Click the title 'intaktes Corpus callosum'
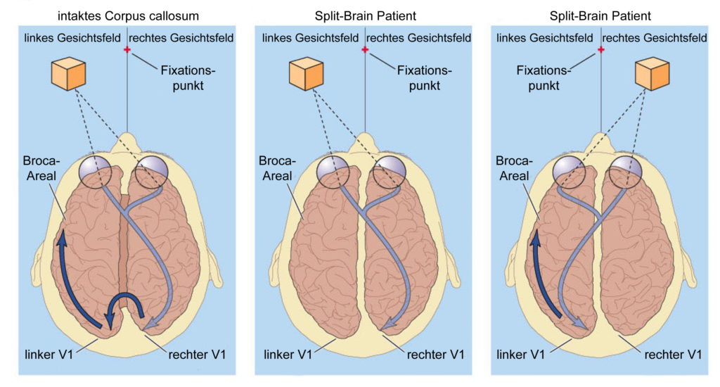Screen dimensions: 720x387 coord(128,16)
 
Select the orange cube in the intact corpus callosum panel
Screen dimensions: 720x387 coord(68,74)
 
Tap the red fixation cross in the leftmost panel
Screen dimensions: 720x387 coord(127,49)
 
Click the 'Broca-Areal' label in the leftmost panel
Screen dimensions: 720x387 coord(41,168)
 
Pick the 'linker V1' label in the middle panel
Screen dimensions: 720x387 coord(288,355)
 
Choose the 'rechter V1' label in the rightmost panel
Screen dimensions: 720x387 coord(673,355)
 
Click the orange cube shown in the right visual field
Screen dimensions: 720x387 coord(652,74)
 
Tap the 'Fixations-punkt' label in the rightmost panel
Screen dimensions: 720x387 coord(544,77)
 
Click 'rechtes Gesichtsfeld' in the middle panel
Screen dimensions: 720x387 coord(419,38)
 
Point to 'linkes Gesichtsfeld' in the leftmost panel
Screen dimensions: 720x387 coord(72,38)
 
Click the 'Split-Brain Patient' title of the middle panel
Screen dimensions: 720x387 coord(366,16)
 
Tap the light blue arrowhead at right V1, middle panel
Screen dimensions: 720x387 coord(388,324)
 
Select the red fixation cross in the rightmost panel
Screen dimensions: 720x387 coord(600,49)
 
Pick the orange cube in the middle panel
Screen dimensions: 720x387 coord(307,74)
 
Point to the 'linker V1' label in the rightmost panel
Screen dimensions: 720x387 coord(521,355)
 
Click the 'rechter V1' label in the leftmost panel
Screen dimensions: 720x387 coord(198,355)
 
